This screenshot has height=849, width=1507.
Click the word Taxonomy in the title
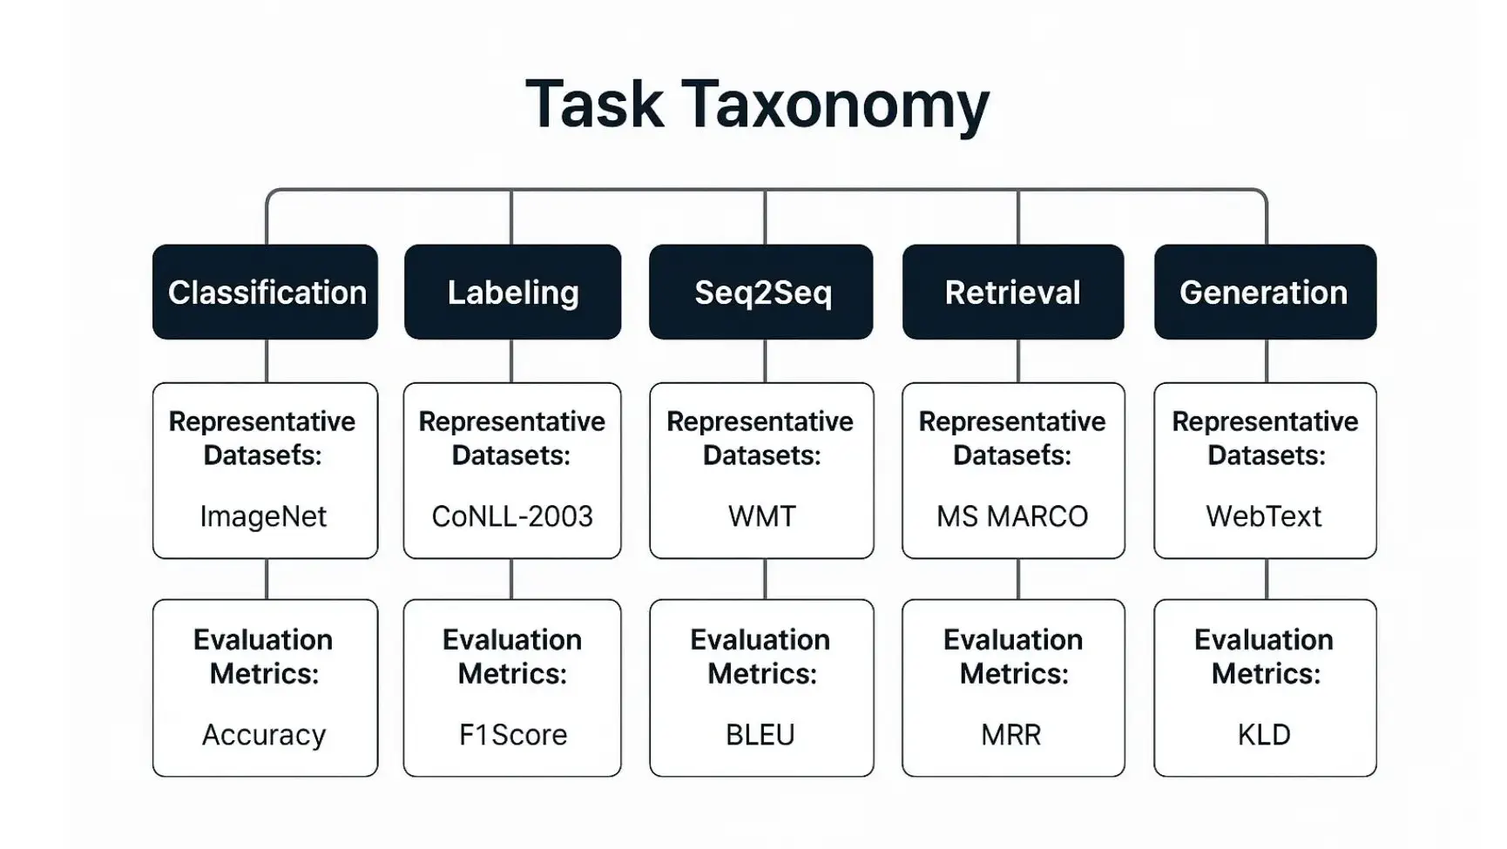click(x=835, y=105)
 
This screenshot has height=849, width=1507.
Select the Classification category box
click(x=266, y=293)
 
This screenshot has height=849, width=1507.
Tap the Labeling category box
click(x=512, y=293)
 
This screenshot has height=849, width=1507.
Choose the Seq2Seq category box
click(x=761, y=293)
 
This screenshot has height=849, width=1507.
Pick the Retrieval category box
click(x=1012, y=293)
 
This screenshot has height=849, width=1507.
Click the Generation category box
click(x=1264, y=293)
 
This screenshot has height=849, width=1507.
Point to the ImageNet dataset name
click(x=263, y=516)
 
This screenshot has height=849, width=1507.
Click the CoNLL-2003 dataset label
click(x=512, y=516)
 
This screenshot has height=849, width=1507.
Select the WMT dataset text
click(x=761, y=516)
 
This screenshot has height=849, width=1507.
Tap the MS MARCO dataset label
click(x=1012, y=516)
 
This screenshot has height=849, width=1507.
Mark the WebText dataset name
click(x=1264, y=516)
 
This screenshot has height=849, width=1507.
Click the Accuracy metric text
click(x=263, y=735)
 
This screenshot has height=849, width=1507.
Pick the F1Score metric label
click(x=512, y=735)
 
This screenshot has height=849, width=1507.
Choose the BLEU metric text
click(x=760, y=735)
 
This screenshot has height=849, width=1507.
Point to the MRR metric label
click(x=1011, y=735)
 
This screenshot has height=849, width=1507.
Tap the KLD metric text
click(x=1264, y=735)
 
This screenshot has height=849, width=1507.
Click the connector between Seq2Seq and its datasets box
click(x=765, y=360)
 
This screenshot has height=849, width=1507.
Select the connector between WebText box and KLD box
click(x=1267, y=578)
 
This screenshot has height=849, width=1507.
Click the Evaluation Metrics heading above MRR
click(x=1013, y=657)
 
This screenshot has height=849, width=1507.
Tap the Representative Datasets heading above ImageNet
click(x=262, y=438)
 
